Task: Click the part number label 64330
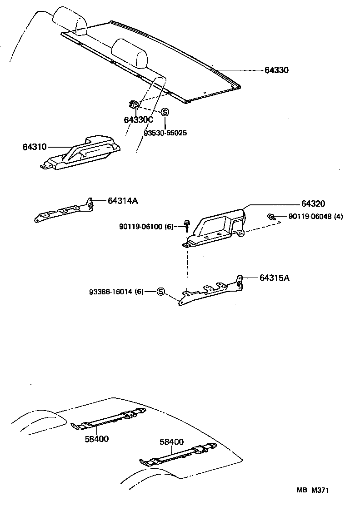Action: (x=277, y=70)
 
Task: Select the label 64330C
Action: (x=139, y=120)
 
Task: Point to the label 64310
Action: (x=34, y=147)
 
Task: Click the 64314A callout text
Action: (x=123, y=200)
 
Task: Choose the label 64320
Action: (x=313, y=203)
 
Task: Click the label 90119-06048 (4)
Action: (x=316, y=217)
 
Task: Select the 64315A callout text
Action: (x=275, y=278)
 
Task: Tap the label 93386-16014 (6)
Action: (x=116, y=292)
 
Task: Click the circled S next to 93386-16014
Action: (x=160, y=292)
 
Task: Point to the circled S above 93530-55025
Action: (x=165, y=112)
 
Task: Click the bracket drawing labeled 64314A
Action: (x=64, y=211)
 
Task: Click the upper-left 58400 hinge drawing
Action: (x=109, y=418)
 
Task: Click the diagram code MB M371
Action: (x=313, y=490)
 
